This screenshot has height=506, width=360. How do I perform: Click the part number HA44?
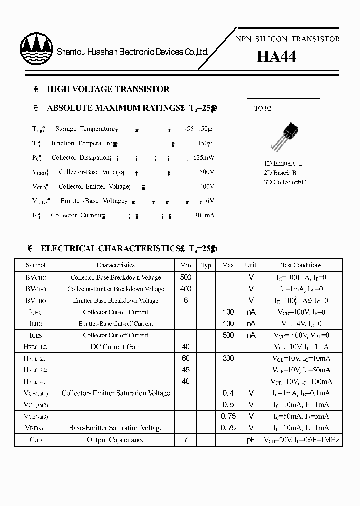[276, 57]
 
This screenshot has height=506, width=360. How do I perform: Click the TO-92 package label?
[263, 108]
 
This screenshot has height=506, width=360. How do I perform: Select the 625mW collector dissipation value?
[204, 158]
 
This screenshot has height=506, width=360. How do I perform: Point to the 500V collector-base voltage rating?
[206, 172]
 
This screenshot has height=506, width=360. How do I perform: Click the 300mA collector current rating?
[204, 215]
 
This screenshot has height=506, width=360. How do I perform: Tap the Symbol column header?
[36, 265]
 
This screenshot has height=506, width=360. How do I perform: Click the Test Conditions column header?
[301, 265]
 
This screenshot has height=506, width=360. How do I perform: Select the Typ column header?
[206, 265]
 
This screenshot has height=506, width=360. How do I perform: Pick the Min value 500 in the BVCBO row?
[185, 277]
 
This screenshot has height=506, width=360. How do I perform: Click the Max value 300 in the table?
[228, 358]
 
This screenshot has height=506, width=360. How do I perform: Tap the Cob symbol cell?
[36, 440]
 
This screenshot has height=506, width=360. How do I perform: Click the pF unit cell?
[251, 440]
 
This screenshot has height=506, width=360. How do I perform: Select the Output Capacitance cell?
[115, 440]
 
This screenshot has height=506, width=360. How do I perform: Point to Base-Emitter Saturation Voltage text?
[115, 428]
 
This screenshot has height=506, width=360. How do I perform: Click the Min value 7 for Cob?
[185, 440]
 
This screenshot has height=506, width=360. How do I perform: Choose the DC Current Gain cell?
[115, 347]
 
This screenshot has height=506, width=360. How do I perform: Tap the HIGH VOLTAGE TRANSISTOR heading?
[108, 89]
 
